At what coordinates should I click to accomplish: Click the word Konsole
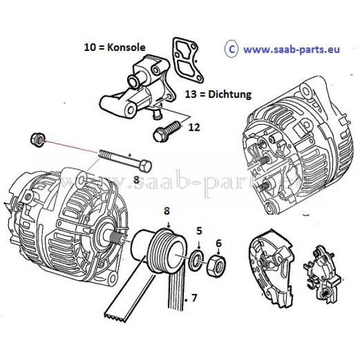click(126, 47)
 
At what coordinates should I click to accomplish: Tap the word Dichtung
click(230, 95)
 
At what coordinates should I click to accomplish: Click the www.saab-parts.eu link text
click(292, 49)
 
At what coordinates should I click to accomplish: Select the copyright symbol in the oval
click(232, 50)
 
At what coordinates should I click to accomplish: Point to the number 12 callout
click(194, 127)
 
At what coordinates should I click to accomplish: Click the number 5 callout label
click(199, 231)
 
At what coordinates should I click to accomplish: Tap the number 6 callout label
click(218, 243)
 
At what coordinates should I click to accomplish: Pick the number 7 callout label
click(194, 298)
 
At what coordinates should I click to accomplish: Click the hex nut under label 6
click(216, 265)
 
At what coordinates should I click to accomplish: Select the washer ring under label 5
click(196, 260)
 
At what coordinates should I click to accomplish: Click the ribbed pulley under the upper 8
click(167, 251)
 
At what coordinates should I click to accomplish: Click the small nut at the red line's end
click(37, 140)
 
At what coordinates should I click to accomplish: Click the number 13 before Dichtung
click(191, 95)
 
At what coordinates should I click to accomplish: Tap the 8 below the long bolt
click(136, 180)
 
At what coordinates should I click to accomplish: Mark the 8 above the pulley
click(167, 211)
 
